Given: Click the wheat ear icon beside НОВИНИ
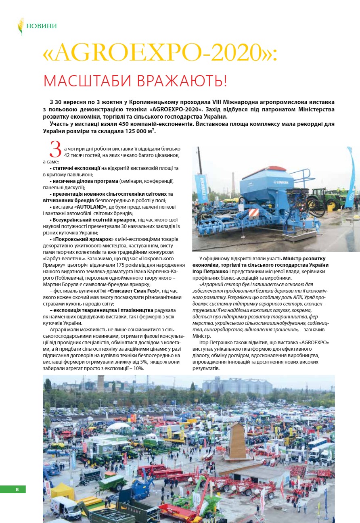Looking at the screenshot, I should coord(21,26).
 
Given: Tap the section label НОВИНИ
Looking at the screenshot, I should coord(42,26).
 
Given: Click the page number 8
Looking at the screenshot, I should coord(17,490).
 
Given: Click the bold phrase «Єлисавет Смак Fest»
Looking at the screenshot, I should coord(134,290).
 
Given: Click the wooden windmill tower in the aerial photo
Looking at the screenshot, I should coord(238,442).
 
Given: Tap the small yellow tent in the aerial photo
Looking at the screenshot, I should coord(62,490).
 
